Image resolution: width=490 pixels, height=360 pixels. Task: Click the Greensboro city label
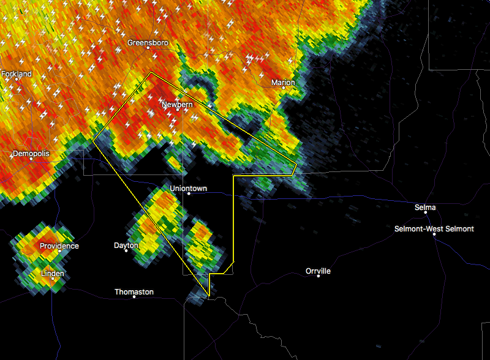(x=147, y=43)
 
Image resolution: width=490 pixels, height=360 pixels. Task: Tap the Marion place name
(x=283, y=83)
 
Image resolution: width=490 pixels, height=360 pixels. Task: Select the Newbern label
(x=177, y=105)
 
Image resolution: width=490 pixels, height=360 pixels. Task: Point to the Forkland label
(x=17, y=74)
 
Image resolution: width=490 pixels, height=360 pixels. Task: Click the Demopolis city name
(x=31, y=153)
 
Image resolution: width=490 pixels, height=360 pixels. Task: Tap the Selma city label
(x=425, y=208)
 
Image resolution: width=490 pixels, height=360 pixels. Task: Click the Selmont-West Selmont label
(x=434, y=229)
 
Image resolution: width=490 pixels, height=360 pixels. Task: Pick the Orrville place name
(x=318, y=271)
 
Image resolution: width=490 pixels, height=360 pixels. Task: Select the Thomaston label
(x=134, y=292)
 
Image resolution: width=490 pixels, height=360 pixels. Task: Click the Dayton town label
(x=126, y=246)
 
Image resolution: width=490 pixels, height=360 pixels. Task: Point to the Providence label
(x=59, y=246)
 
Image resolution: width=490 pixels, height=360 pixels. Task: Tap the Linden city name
(x=53, y=274)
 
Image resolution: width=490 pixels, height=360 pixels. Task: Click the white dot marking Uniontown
(x=189, y=193)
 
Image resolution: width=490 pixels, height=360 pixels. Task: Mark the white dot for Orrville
(x=318, y=276)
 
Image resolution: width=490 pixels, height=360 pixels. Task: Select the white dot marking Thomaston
(x=134, y=297)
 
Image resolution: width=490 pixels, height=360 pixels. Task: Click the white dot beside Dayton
(x=127, y=250)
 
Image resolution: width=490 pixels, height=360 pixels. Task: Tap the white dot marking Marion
(x=284, y=88)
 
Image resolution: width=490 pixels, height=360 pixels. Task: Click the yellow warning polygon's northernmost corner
(x=151, y=73)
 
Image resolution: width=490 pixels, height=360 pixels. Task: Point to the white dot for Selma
(x=425, y=213)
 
